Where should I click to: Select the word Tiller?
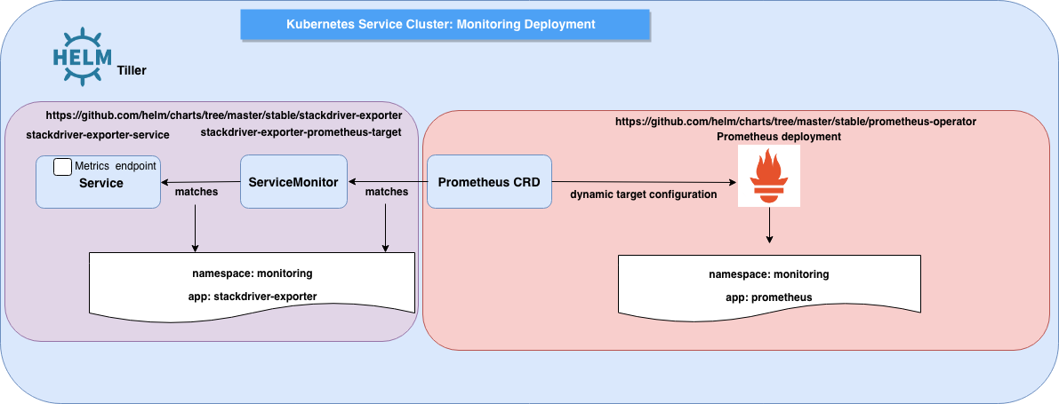point(132,70)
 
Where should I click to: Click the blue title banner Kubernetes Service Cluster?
point(441,24)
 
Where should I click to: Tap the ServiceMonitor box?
point(293,182)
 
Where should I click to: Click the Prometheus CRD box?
point(489,182)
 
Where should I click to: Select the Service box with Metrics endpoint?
point(99,182)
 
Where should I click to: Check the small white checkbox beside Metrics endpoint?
point(62,167)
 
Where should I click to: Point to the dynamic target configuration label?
point(643,194)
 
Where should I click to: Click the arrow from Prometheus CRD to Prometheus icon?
point(645,182)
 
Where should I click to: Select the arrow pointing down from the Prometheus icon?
point(769,228)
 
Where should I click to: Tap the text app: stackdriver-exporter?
point(253,296)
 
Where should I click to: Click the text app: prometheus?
point(768,297)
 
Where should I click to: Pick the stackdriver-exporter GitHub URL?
point(223,115)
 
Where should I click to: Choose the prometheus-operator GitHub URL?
point(796,120)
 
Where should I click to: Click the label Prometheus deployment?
point(778,137)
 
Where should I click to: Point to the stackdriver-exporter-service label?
point(98,134)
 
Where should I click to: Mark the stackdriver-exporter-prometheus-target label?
point(301,132)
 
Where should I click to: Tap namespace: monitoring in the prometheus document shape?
point(768,274)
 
